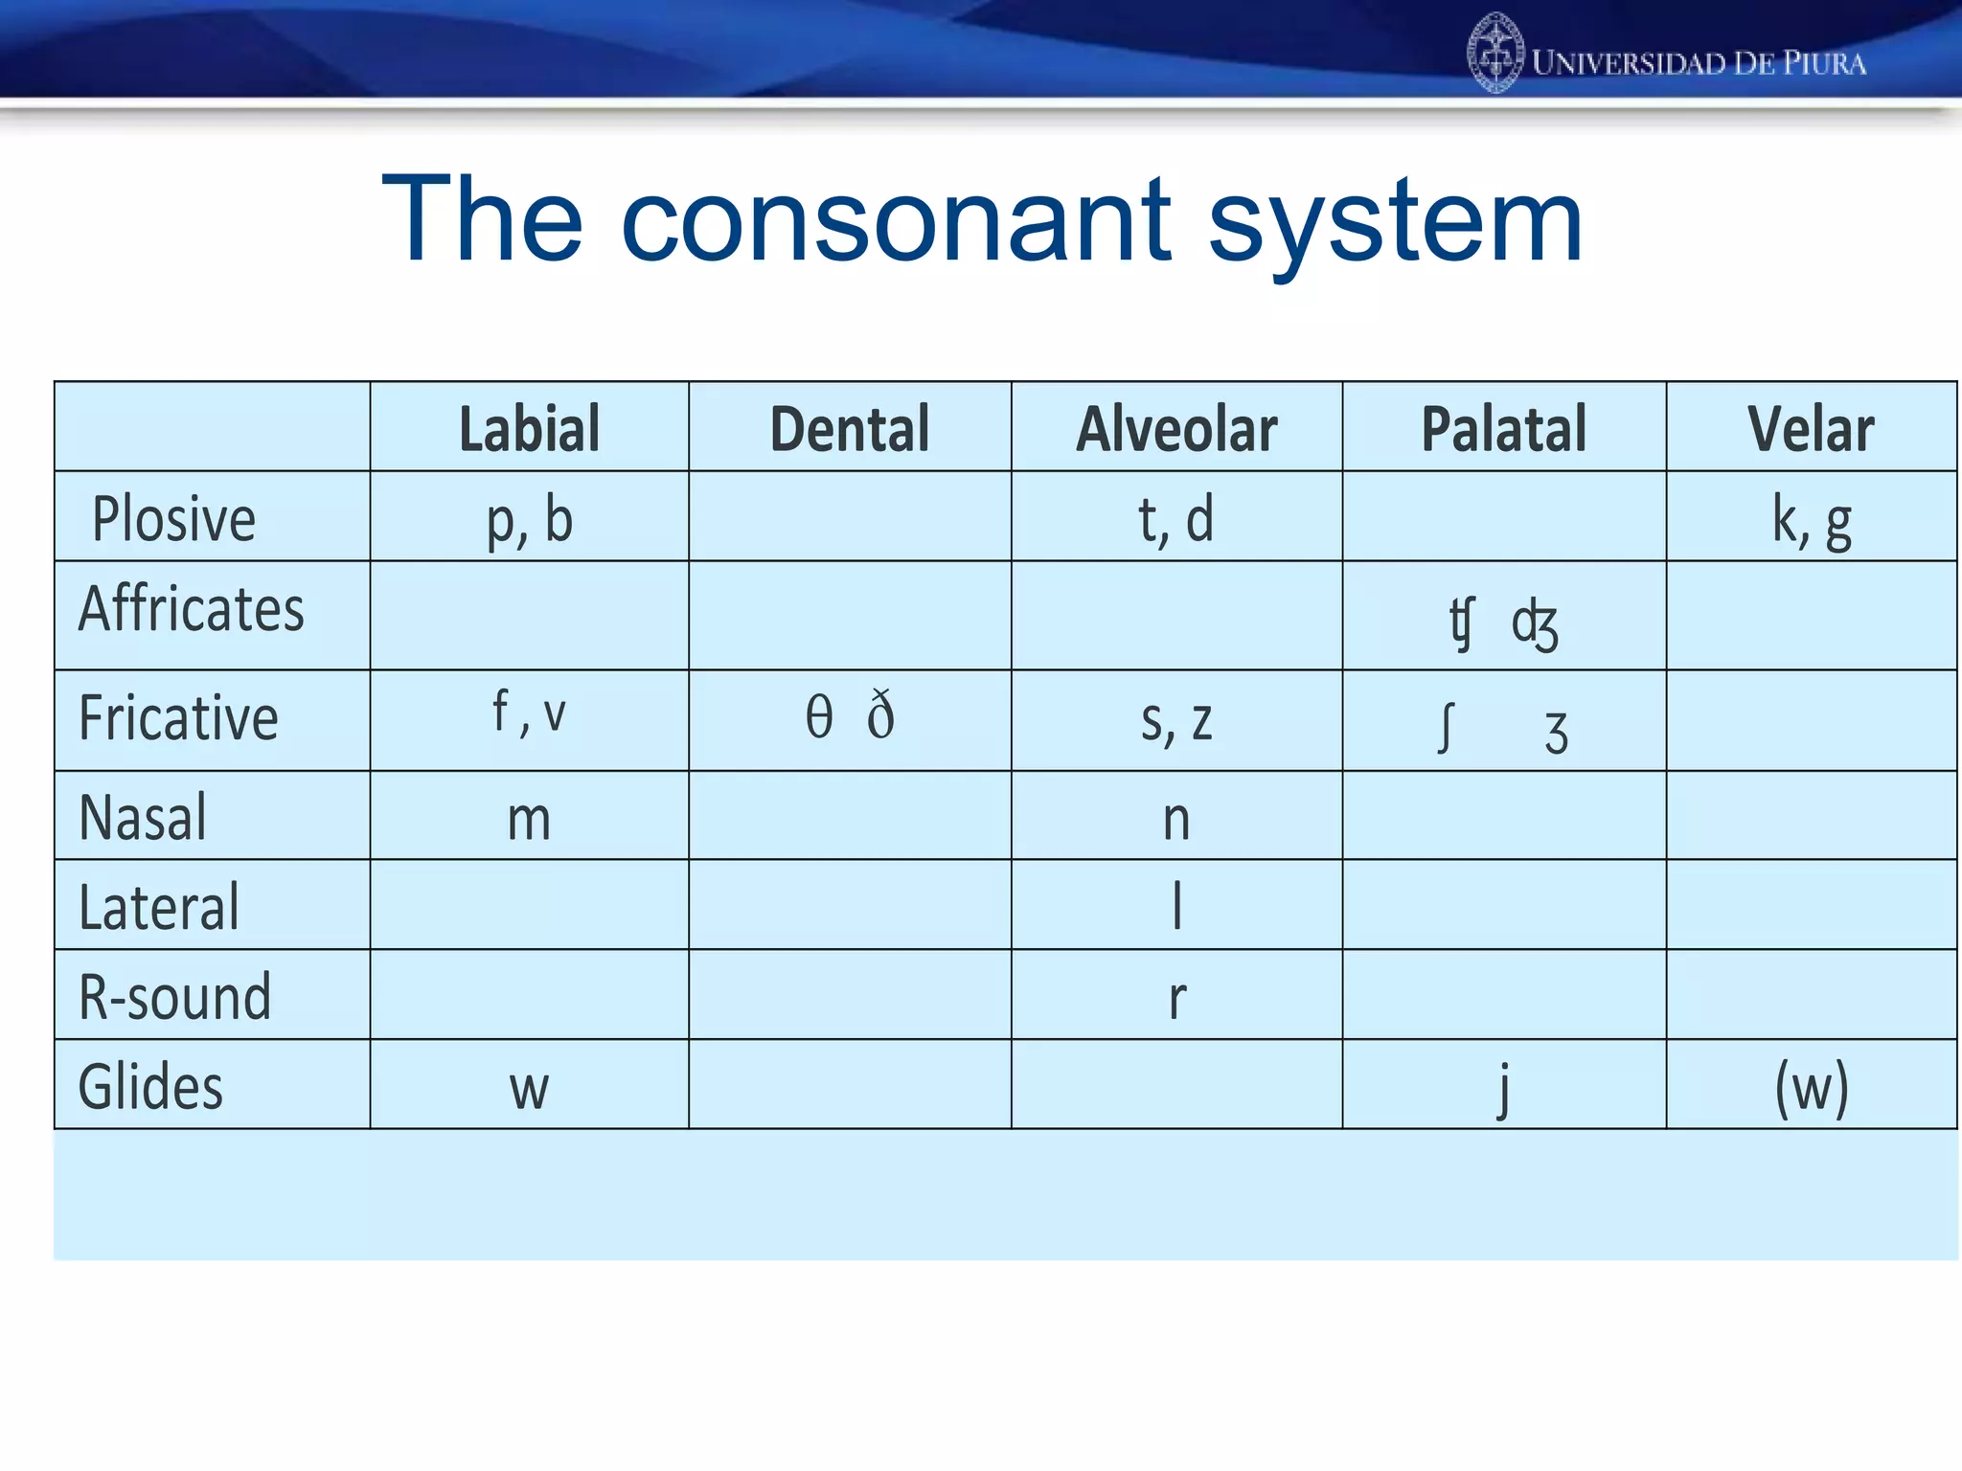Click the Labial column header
click(x=530, y=428)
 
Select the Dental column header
click(x=850, y=428)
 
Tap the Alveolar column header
click(x=1176, y=428)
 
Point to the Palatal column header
click(x=1504, y=428)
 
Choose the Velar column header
click(x=1811, y=428)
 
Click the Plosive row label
click(x=174, y=519)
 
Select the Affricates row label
click(x=192, y=609)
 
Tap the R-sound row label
click(x=175, y=997)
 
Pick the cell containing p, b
click(x=530, y=520)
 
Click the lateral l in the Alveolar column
click(x=1177, y=906)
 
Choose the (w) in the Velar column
click(x=1811, y=1088)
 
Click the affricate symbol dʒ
click(x=1535, y=624)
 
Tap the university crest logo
click(x=1494, y=54)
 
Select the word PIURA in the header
click(x=1824, y=64)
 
